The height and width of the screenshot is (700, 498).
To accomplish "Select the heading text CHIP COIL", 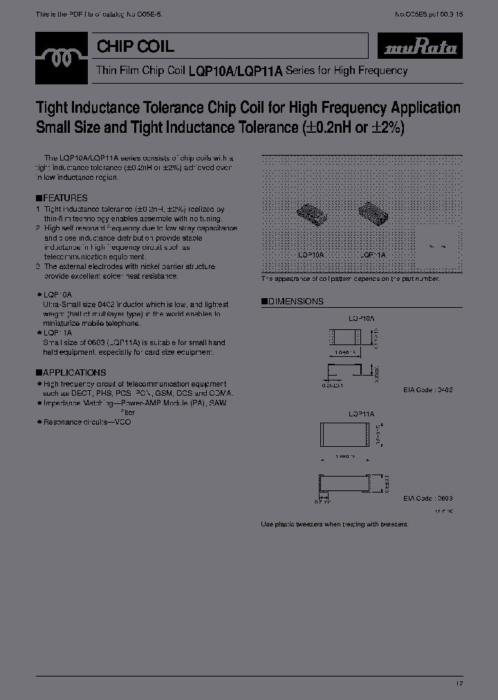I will pos(136,47).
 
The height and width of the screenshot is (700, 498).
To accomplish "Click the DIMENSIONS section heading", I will pos(295,302).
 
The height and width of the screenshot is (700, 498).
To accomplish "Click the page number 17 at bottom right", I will pos(458,683).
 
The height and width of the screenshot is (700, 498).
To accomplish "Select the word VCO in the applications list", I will pos(123,422).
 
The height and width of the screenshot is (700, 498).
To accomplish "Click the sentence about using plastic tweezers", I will pos(334,524).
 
